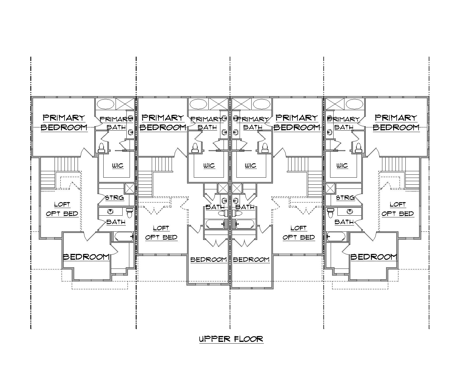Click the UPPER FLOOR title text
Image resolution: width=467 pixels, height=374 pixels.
pos(231,339)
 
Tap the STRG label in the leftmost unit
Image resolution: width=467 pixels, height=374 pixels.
pos(114,198)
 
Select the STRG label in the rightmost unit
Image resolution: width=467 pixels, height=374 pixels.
pos(345,198)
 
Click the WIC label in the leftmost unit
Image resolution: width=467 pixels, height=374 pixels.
pos(118,166)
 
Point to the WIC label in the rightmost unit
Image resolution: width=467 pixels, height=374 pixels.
pos(342,166)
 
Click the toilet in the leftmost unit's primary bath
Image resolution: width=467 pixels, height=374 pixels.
pos(102,148)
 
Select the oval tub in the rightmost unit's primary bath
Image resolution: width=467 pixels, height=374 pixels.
pos(354,104)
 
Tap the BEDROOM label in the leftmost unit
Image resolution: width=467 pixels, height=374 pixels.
pos(86,257)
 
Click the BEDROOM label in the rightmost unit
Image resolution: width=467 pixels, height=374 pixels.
pos(374,257)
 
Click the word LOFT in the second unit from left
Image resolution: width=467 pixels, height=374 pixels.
pos(161,228)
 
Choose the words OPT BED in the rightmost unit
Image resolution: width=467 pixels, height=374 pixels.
pos(398,214)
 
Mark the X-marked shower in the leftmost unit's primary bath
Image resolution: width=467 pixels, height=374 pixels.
pos(125,104)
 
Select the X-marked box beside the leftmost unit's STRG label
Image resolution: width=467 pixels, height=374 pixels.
pos(129,188)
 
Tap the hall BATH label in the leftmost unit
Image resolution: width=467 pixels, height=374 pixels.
pos(116,222)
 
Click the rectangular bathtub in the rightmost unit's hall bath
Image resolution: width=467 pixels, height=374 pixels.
pos(336,236)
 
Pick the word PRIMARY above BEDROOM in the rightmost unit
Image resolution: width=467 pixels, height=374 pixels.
pos(396,118)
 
